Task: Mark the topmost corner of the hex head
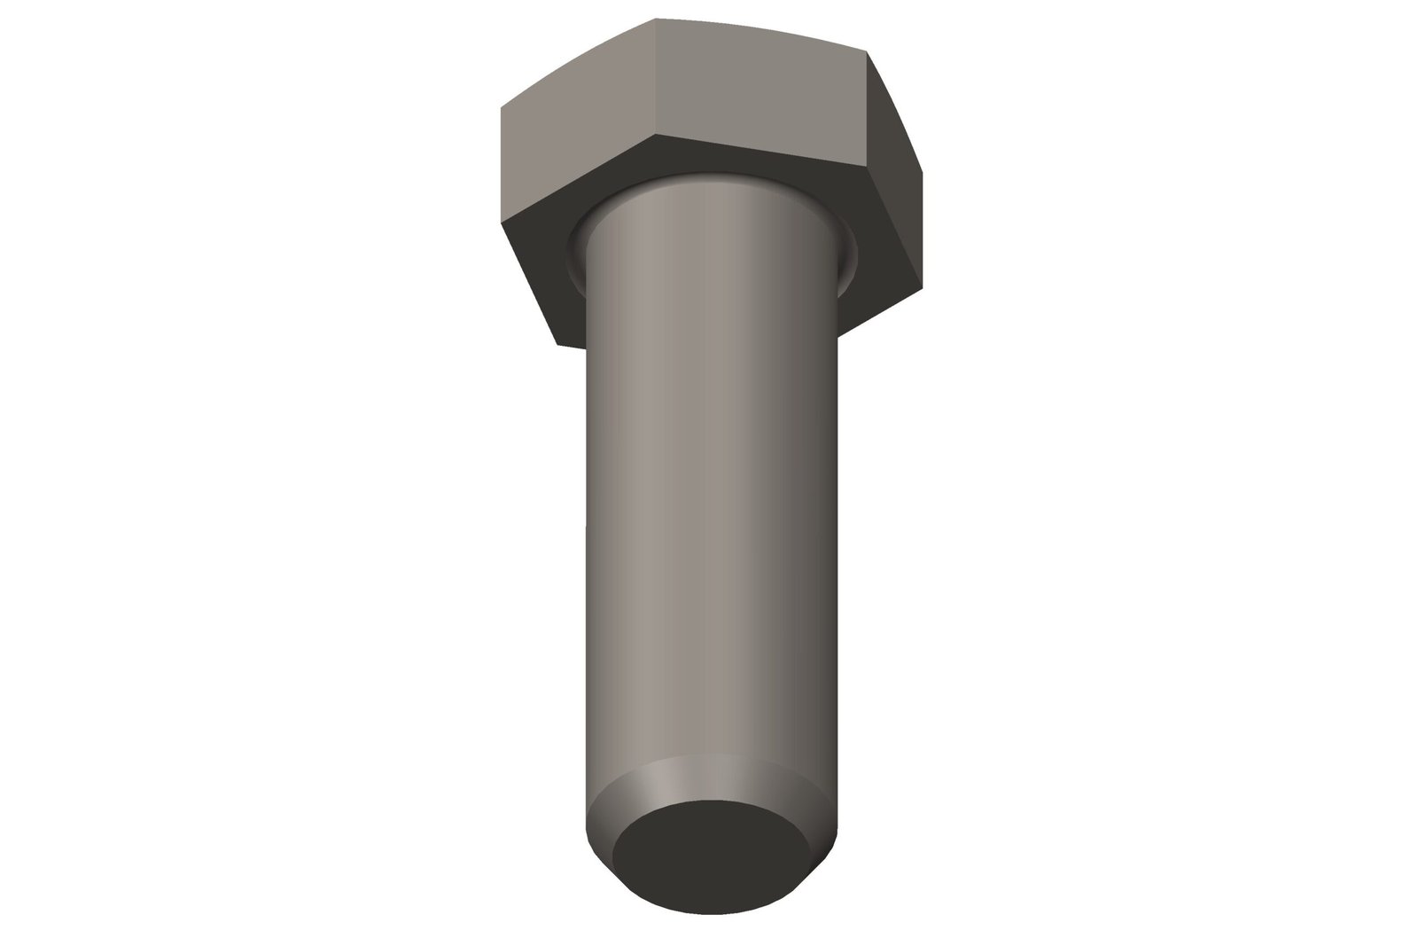[x=656, y=19]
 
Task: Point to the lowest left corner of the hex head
[x=557, y=344]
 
